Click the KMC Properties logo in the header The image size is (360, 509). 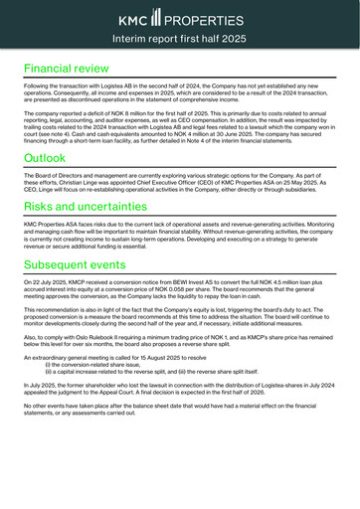point(179,19)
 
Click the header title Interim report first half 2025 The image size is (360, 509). point(179,38)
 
